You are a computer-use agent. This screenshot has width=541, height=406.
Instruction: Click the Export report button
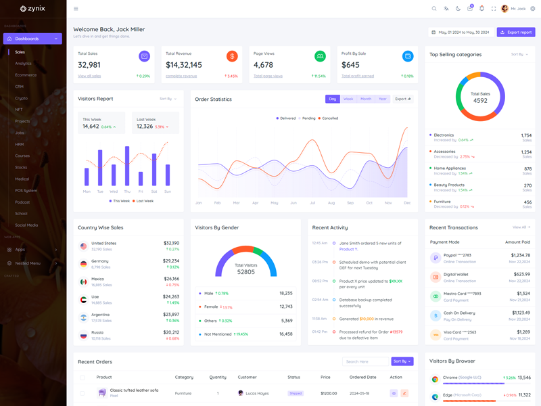point(516,32)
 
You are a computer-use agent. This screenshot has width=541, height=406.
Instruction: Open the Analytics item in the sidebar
point(23,64)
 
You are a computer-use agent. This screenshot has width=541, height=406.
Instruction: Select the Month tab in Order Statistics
point(366,99)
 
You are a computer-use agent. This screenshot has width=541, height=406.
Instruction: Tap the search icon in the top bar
point(434,9)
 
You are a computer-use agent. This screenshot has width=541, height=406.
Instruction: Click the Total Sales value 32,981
point(89,65)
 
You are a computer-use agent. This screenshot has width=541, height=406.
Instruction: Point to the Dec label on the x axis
point(407,202)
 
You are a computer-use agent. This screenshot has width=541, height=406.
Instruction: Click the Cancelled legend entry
point(330,118)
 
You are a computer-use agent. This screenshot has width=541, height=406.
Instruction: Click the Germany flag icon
point(83,264)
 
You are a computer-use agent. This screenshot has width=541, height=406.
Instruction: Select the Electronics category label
point(444,135)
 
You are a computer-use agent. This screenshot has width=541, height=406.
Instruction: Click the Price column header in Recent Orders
point(325,377)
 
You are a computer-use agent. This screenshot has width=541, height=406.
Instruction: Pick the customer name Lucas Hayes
point(257,393)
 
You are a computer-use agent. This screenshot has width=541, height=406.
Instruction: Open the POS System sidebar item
point(26,190)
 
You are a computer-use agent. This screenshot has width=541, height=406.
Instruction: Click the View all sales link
point(89,76)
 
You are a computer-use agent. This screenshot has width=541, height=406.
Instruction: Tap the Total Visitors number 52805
point(246,272)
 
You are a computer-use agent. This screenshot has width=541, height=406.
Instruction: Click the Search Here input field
point(365,361)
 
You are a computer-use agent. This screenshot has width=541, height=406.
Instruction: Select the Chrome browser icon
point(435,379)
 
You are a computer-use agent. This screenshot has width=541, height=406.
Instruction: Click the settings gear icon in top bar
point(532,9)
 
